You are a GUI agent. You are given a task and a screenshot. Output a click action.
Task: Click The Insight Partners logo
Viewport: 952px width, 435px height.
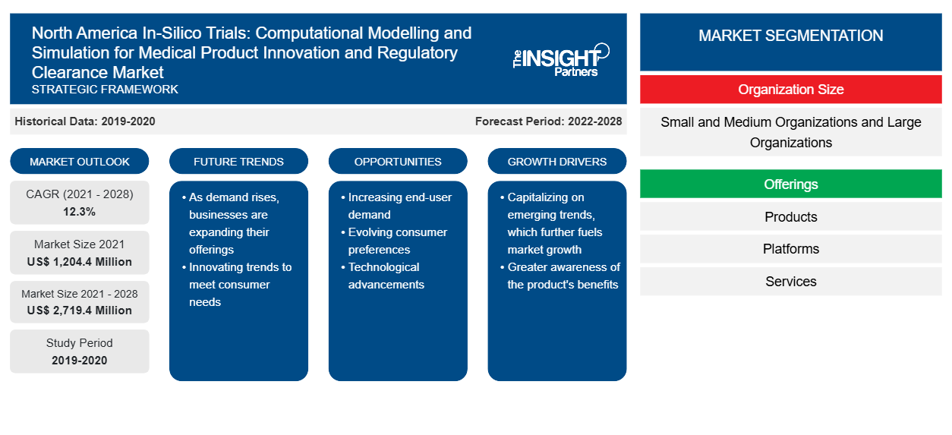pos(561,60)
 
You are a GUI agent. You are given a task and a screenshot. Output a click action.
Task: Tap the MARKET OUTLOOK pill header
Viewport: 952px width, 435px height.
pos(80,161)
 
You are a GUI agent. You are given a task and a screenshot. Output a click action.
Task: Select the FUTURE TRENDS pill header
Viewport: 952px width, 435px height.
pos(238,161)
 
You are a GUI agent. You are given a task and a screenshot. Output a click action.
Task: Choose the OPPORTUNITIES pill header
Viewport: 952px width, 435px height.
pos(398,161)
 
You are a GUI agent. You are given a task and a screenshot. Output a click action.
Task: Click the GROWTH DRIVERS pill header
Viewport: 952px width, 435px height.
pos(556,161)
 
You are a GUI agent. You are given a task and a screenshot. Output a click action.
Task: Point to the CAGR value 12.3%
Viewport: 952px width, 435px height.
pos(80,212)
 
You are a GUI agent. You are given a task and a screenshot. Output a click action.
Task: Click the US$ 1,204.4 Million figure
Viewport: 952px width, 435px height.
pos(80,262)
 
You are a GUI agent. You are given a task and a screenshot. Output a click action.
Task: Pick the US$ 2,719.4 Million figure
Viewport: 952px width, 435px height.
pos(80,310)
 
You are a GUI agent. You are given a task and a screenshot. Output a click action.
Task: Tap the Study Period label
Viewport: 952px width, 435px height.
pos(80,343)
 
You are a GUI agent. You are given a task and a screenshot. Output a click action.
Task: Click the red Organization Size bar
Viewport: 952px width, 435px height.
pos(790,90)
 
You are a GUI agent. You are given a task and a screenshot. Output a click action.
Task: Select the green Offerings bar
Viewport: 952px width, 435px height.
pos(790,184)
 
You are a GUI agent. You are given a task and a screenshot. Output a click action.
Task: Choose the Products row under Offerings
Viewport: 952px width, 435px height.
pos(790,216)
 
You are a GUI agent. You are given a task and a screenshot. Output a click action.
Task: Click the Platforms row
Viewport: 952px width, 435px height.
pos(790,249)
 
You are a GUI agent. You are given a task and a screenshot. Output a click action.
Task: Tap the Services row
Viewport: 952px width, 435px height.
pos(790,281)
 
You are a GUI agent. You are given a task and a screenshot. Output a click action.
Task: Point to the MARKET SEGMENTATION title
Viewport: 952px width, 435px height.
pos(790,35)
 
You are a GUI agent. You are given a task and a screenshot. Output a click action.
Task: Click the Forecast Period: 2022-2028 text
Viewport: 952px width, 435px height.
pos(548,121)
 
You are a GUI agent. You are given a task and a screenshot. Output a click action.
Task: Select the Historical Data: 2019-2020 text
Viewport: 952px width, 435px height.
pos(85,121)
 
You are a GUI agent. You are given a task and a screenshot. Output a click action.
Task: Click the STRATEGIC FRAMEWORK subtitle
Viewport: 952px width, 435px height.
pos(105,90)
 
